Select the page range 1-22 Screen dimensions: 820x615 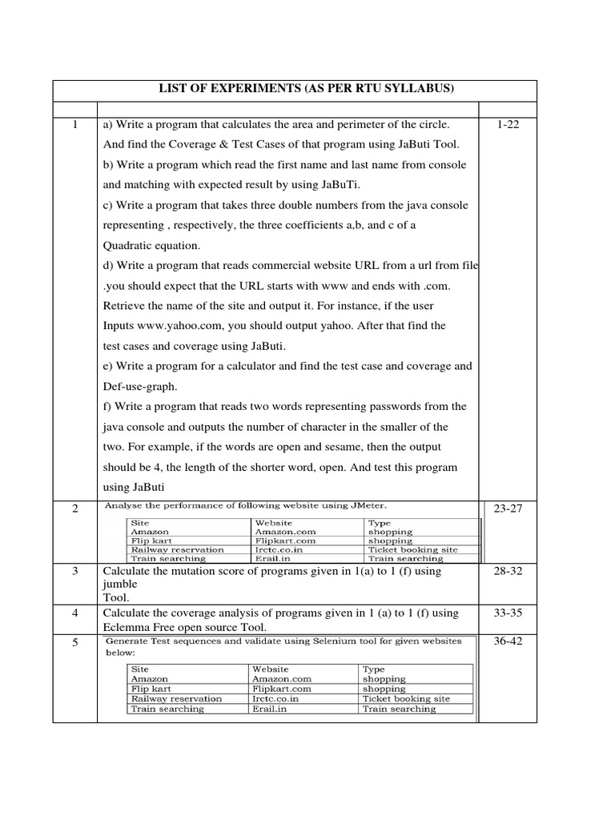pos(508,125)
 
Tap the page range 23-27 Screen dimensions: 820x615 pos(508,509)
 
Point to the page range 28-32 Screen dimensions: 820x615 pos(508,572)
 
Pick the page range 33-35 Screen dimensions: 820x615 pos(508,613)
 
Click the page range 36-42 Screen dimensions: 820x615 pos(508,643)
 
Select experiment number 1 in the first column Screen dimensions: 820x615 pos(74,125)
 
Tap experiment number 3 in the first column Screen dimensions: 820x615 pos(74,572)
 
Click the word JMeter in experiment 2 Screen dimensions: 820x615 pos(367,505)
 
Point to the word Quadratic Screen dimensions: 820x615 pos(133,245)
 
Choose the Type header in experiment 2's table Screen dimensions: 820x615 pos(379,522)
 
